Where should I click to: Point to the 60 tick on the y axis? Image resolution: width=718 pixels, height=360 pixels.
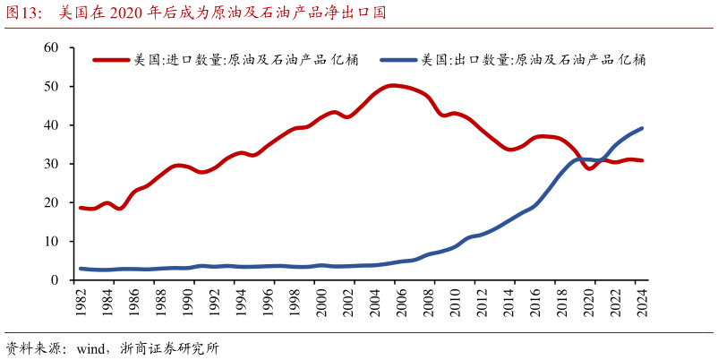click(x=51, y=47)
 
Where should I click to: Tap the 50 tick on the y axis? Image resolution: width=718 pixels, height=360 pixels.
click(x=51, y=87)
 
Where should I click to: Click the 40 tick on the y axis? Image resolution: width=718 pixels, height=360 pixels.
click(x=51, y=125)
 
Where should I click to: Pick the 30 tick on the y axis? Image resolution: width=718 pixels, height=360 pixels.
click(x=51, y=164)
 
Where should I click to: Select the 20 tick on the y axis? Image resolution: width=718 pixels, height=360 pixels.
click(x=51, y=203)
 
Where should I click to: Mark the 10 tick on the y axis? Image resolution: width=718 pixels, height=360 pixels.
click(x=51, y=242)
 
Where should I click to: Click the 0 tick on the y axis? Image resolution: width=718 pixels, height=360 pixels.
click(x=55, y=280)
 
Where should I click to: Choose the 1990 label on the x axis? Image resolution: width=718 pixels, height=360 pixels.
click(x=188, y=300)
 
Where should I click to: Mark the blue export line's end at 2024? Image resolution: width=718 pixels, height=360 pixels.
click(x=642, y=128)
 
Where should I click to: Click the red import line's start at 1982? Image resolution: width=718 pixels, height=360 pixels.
click(x=81, y=208)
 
